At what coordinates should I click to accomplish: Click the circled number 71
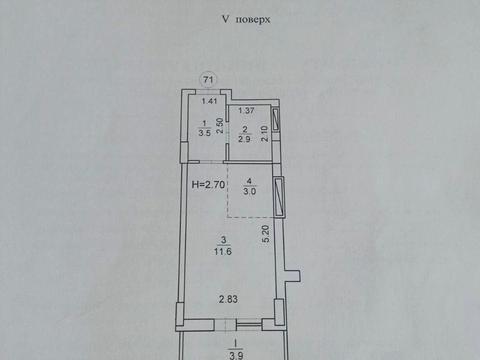208,80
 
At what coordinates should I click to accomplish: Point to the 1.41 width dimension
209,101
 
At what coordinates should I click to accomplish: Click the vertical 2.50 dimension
217,125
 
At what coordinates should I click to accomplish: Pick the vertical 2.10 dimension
264,132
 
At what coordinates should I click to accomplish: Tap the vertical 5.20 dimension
265,236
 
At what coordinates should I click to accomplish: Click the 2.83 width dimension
231,299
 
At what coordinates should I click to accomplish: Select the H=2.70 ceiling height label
207,184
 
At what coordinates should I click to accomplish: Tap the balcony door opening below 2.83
232,323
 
